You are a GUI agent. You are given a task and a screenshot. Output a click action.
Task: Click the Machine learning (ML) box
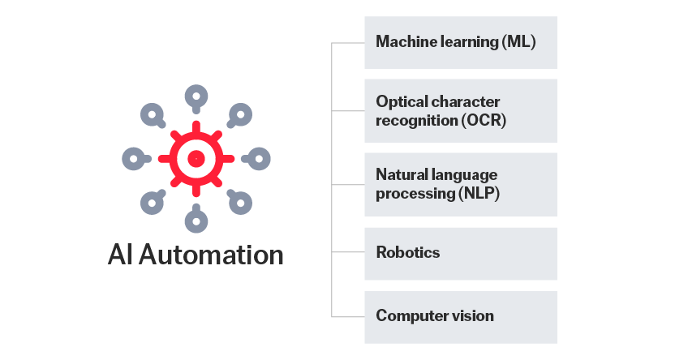460,42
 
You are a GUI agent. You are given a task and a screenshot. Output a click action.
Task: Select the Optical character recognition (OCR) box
460,111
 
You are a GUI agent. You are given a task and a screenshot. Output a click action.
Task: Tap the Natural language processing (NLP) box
460,184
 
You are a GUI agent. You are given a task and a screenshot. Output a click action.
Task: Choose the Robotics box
460,253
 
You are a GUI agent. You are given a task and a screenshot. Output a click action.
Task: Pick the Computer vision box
460,316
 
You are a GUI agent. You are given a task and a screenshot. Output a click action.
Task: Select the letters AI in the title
120,255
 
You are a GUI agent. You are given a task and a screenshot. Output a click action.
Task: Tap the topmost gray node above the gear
196,96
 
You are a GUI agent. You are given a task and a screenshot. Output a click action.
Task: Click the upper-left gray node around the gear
152,114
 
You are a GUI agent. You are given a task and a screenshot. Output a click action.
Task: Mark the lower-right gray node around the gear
239,203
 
